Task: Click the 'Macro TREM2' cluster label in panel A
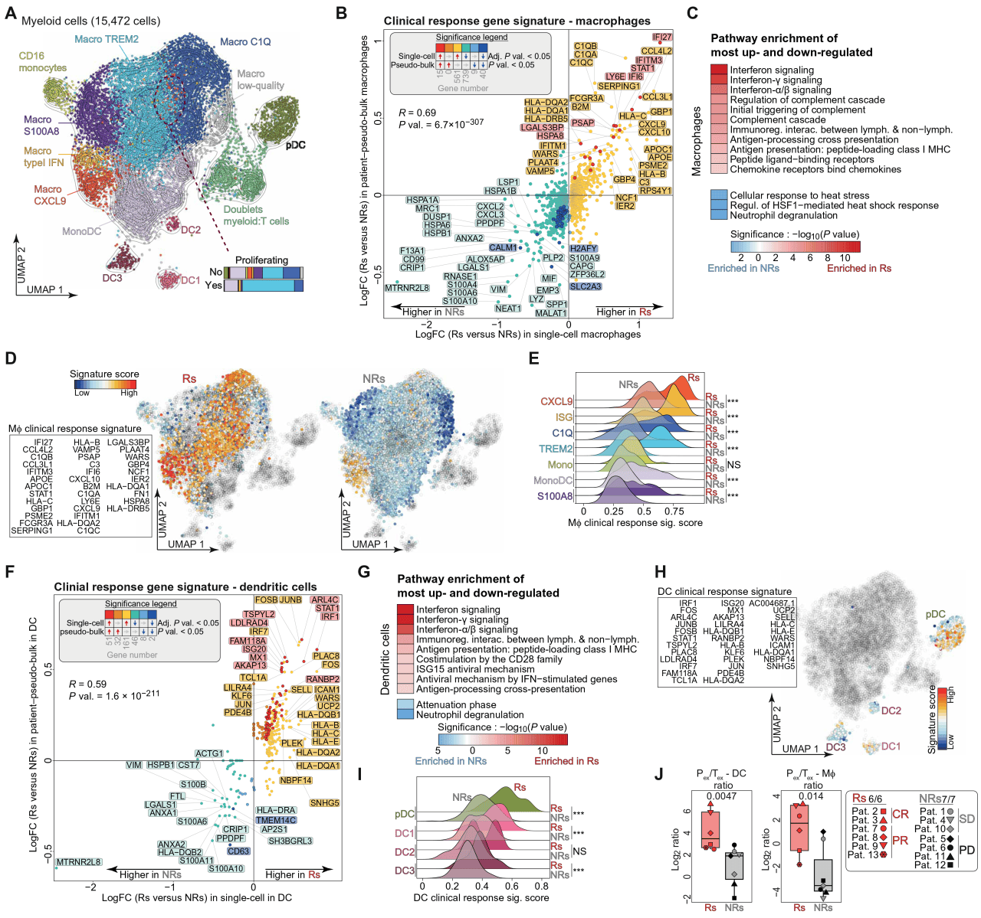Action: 107,39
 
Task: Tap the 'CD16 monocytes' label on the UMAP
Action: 42,62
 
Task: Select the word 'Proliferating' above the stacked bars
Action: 261,260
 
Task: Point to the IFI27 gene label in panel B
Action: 662,37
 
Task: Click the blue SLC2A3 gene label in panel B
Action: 585,286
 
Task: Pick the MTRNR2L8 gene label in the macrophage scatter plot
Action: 407,288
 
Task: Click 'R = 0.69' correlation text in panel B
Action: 417,113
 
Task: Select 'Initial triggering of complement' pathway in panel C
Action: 798,109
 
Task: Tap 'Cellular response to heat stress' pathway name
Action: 799,195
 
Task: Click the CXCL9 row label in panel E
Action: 556,401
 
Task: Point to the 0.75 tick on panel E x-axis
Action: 674,511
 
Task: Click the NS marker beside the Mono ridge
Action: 733,465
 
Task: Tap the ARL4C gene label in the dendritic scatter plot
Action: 325,599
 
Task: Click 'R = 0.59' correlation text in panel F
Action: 87,684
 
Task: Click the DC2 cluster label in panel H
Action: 891,711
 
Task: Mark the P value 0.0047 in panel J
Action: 721,796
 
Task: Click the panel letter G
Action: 364,572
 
